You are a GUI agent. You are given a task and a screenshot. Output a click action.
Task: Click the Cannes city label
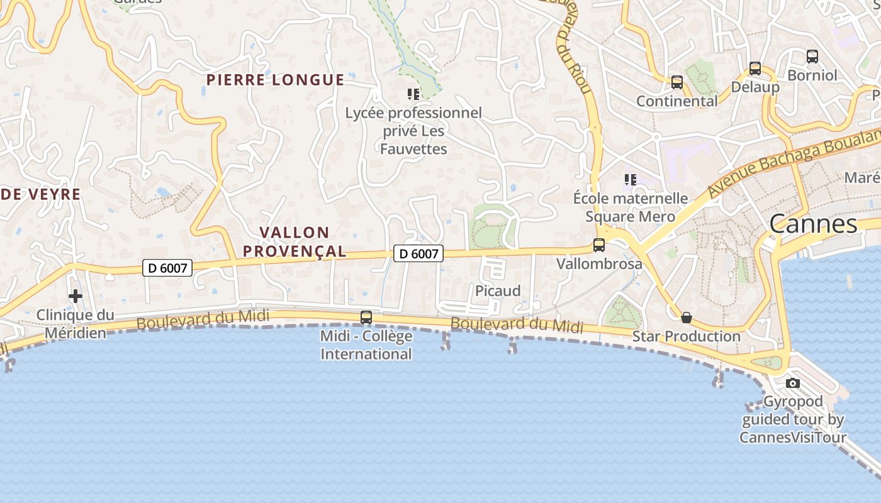click(813, 224)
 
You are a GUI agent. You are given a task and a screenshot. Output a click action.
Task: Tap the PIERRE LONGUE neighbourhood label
click(276, 80)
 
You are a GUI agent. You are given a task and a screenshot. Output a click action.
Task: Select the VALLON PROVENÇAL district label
click(295, 242)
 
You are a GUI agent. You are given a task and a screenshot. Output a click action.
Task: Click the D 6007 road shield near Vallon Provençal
click(418, 253)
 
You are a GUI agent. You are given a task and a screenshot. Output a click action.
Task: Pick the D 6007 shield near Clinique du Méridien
click(167, 268)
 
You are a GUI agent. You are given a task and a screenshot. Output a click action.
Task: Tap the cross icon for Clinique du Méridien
click(76, 296)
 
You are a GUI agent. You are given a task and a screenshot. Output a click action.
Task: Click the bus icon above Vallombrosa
click(599, 245)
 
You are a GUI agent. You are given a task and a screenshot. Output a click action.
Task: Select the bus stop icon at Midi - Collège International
click(366, 318)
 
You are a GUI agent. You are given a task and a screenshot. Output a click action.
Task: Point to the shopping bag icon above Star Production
click(687, 318)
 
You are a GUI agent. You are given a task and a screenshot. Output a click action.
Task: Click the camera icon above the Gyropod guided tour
click(793, 383)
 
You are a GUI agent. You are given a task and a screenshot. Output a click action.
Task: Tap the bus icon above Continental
click(677, 82)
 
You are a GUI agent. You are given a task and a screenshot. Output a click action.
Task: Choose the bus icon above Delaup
click(755, 69)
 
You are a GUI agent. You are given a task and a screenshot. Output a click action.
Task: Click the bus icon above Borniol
click(812, 57)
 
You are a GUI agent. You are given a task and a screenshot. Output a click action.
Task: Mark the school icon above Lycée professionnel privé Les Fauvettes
click(413, 94)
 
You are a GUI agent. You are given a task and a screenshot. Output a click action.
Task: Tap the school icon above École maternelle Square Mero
click(631, 180)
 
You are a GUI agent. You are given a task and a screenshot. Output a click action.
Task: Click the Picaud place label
click(498, 290)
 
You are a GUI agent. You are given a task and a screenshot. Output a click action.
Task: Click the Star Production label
click(687, 336)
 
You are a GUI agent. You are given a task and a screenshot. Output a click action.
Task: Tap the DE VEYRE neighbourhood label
click(40, 194)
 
